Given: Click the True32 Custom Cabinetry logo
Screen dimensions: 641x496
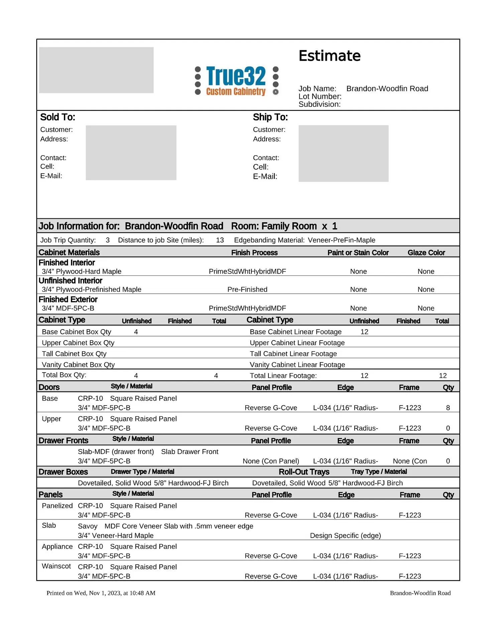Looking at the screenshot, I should [237, 81].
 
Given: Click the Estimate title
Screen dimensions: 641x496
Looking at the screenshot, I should [329, 56].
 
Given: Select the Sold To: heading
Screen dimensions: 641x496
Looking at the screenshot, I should [57, 117].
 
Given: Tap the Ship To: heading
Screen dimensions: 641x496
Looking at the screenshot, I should [270, 117].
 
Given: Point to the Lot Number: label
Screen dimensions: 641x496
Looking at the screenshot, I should [320, 96].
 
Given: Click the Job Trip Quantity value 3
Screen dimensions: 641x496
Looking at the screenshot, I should [108, 240].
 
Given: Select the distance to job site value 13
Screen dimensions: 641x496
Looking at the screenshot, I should [220, 240].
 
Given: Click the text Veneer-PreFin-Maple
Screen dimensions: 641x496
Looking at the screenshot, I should [341, 240].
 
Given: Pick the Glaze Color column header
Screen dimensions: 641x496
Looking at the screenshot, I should [426, 253].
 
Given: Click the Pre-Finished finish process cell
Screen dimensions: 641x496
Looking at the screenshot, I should [247, 289].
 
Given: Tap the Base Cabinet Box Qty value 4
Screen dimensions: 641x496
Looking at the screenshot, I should [136, 332].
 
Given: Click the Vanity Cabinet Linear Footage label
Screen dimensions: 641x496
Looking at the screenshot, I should [297, 365].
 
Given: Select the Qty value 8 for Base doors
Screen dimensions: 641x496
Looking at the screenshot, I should [448, 408].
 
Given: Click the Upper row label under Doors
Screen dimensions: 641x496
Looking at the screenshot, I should [51, 419].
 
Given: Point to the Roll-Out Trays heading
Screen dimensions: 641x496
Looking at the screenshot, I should [304, 472].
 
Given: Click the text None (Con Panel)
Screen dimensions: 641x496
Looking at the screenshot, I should [271, 461].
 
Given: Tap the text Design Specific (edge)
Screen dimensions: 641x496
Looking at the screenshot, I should [345, 536].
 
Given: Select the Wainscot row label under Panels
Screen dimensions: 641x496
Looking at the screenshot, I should [56, 566].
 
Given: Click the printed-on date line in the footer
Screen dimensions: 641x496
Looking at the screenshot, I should [101, 593].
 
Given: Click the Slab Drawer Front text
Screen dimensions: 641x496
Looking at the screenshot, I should [190, 452].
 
